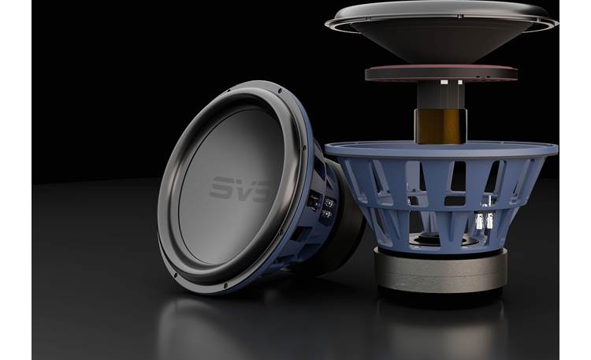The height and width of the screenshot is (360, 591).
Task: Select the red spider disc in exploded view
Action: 439,74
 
